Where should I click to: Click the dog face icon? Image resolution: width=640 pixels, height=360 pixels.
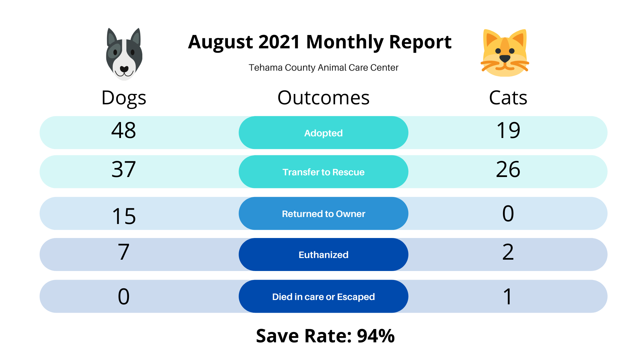pos(124,54)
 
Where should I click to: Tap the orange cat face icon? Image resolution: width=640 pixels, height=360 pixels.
pos(505,53)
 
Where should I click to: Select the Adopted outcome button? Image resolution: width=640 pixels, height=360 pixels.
pos(323,133)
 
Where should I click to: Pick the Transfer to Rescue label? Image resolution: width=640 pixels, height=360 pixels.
pos(323,172)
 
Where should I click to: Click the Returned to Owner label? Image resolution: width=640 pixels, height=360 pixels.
pos(323,214)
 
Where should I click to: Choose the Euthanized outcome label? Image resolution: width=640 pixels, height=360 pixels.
pos(323,255)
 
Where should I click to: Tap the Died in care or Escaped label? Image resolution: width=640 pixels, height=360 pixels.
pos(323,297)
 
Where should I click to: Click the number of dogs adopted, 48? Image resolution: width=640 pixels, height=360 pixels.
pos(124,130)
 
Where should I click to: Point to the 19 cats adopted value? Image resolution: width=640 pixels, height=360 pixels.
pos(508,130)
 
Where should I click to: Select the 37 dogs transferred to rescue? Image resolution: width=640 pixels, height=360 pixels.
pos(124,169)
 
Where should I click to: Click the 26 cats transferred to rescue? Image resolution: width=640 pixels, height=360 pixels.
pos(508,169)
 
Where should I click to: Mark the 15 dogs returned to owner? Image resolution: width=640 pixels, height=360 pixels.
pos(124,216)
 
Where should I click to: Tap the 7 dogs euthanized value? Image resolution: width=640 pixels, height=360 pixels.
pos(124,252)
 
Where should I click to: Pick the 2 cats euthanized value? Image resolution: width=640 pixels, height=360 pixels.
pos(508,252)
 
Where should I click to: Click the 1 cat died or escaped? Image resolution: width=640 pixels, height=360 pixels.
pos(508,297)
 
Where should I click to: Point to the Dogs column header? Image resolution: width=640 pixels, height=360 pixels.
pos(124,98)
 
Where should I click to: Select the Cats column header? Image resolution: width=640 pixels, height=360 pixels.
pos(508,98)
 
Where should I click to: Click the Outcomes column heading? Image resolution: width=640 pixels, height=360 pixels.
pos(323,98)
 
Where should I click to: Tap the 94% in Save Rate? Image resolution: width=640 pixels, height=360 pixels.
pos(376,336)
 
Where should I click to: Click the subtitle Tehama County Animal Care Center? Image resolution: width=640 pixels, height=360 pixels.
pos(323,68)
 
